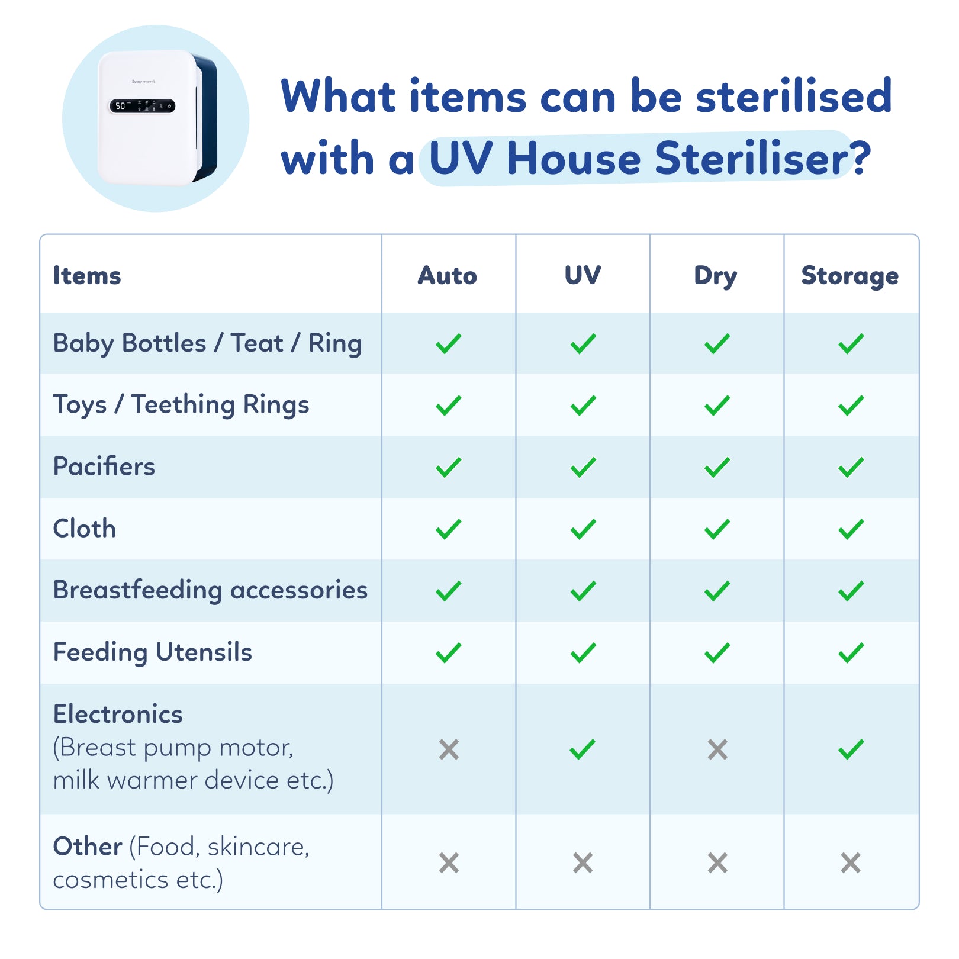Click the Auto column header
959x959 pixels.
(x=448, y=275)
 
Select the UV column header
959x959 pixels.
(x=583, y=275)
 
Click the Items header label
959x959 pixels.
(x=87, y=275)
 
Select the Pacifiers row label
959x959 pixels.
(x=104, y=466)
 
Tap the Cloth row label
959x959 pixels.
(x=85, y=528)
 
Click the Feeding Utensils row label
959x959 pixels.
(x=153, y=652)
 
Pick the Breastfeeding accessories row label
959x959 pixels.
(x=210, y=590)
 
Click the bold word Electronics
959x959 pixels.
(x=118, y=714)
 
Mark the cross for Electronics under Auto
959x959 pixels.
(x=449, y=749)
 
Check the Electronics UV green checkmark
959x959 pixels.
(x=583, y=749)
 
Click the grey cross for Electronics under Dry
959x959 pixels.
(x=717, y=749)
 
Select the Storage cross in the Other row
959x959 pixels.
(x=851, y=863)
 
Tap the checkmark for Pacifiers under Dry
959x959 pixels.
(x=717, y=467)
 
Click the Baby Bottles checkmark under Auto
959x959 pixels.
(x=449, y=343)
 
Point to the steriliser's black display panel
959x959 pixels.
(x=142, y=106)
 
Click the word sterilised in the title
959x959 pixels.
(x=794, y=96)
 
